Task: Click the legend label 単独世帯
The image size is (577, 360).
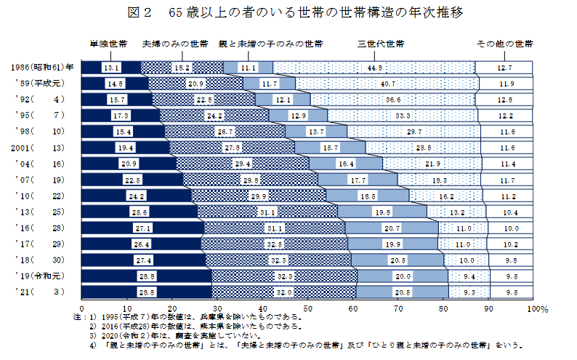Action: point(108,44)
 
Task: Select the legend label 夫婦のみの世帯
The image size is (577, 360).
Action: point(175,44)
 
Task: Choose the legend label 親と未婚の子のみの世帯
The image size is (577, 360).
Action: point(270,44)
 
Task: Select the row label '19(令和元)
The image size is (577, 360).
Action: point(42,276)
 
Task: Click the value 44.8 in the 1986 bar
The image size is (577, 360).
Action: point(375,68)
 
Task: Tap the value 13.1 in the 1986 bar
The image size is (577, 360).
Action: point(111,68)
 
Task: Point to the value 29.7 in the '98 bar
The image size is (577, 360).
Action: point(415,132)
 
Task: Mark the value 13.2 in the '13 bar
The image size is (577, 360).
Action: point(457,212)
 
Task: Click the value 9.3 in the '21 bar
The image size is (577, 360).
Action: point(468,292)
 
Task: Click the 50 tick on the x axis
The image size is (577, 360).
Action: point(307,308)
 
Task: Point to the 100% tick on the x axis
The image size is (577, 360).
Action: point(536,308)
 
